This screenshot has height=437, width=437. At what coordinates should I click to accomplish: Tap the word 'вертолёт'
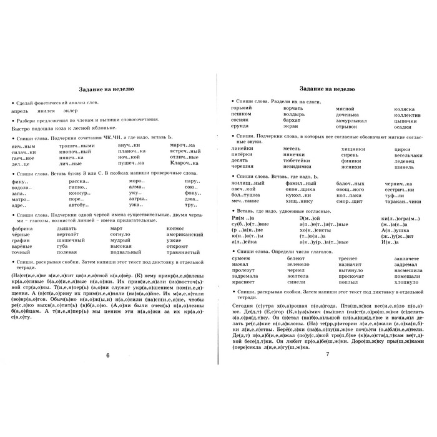[72, 235]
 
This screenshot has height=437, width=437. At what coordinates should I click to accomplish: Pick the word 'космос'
[177, 228]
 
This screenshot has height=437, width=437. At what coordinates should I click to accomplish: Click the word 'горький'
[240, 109]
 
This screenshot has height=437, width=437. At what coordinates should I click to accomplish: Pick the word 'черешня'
[243, 166]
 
